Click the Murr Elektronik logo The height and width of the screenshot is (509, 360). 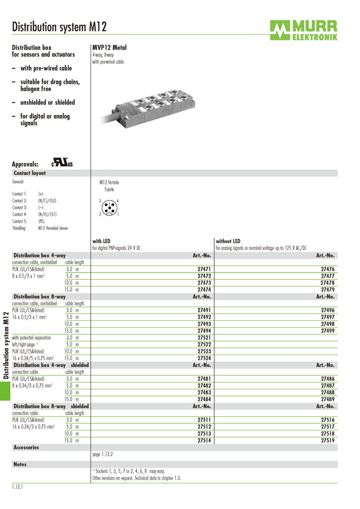tap(303, 30)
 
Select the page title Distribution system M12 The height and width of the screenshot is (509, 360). tap(59, 27)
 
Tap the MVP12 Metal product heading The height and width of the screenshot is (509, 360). tap(109, 47)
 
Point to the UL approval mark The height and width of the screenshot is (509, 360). tap(62, 163)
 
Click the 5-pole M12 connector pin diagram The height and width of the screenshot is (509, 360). tap(109, 208)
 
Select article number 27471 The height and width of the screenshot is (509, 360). tap(204, 269)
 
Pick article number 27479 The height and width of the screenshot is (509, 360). tap(327, 290)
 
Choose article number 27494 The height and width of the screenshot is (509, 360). tap(204, 331)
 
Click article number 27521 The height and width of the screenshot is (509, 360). tap(204, 338)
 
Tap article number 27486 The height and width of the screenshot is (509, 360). tap(327, 378)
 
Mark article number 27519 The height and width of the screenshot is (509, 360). tap(327, 440)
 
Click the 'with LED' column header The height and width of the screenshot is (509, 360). tap(101, 241)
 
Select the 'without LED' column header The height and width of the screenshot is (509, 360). tap(228, 241)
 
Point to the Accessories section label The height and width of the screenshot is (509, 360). tap(26, 447)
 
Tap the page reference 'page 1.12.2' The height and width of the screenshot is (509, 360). tap(103, 454)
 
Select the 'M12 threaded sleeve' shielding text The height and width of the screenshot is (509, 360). tap(53, 228)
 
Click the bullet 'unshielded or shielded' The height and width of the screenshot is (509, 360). tap(47, 102)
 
